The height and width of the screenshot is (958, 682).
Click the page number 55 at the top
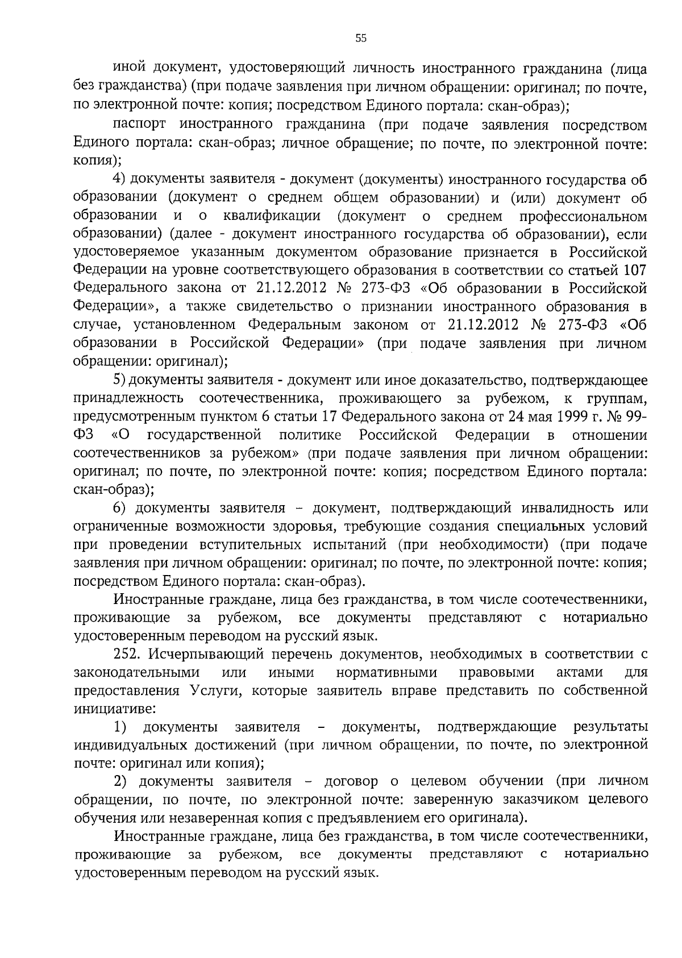[361, 38]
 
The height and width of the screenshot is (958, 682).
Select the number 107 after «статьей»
[635, 270]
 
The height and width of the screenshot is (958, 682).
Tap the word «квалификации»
[272, 216]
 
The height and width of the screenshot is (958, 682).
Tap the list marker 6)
[122, 508]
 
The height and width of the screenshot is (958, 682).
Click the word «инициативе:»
[115, 709]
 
